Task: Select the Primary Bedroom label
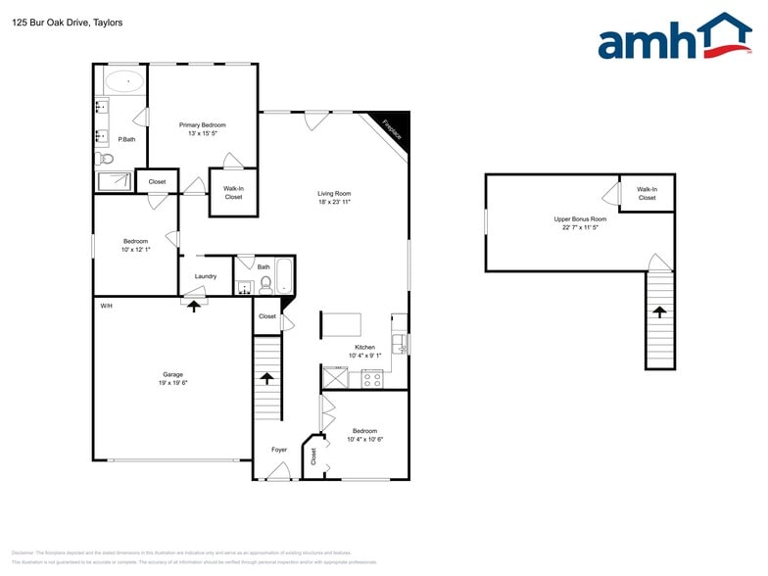click(x=202, y=124)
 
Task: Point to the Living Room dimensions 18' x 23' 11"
click(x=334, y=202)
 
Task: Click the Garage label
click(x=172, y=374)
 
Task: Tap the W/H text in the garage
click(x=106, y=307)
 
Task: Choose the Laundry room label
click(x=205, y=276)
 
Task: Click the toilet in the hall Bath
click(x=264, y=285)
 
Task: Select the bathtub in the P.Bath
click(x=123, y=81)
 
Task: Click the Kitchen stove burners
click(x=371, y=379)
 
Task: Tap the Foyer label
click(x=278, y=450)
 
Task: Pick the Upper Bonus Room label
click(x=580, y=219)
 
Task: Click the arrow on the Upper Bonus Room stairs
click(x=659, y=312)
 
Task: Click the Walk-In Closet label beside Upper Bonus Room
click(x=647, y=194)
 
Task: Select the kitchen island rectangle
click(x=340, y=323)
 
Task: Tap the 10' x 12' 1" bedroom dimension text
click(x=135, y=250)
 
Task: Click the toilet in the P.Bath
click(x=106, y=159)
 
